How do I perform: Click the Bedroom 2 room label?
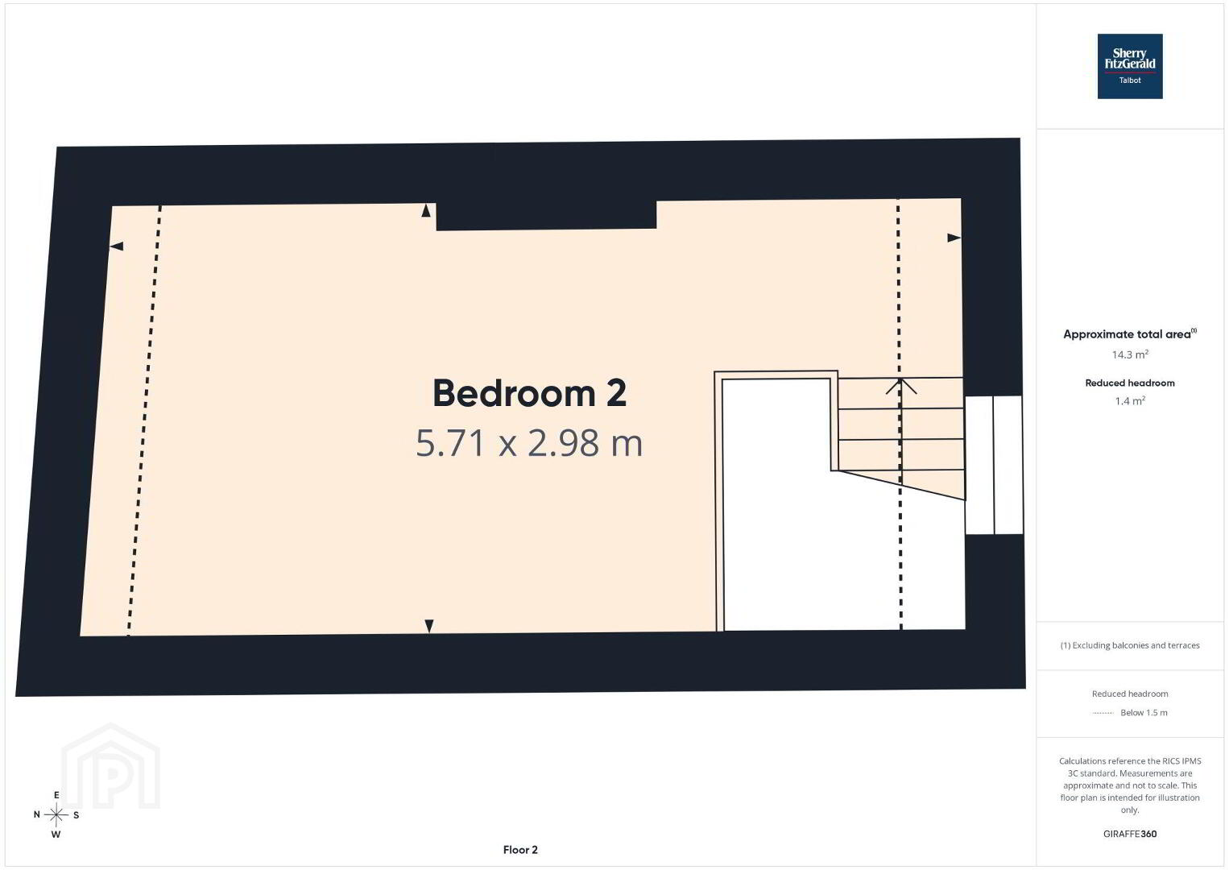(529, 393)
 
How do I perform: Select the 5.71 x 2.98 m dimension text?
(529, 443)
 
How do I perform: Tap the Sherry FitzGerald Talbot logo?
(1130, 66)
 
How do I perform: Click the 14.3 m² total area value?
(1130, 354)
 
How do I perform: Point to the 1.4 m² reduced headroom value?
(1130, 400)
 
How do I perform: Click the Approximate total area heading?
(1130, 333)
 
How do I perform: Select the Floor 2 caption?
(520, 850)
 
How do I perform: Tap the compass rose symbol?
(56, 814)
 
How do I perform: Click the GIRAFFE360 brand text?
(1130, 834)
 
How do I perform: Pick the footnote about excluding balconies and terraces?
(1130, 645)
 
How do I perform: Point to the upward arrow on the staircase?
(900, 386)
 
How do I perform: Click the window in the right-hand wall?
(994, 464)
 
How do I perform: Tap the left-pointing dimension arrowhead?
(116, 246)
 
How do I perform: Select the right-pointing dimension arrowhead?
(954, 238)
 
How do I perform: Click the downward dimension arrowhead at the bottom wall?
(429, 626)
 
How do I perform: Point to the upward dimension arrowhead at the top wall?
(426, 210)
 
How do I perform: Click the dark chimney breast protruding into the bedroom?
(547, 215)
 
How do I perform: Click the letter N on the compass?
(37, 814)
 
